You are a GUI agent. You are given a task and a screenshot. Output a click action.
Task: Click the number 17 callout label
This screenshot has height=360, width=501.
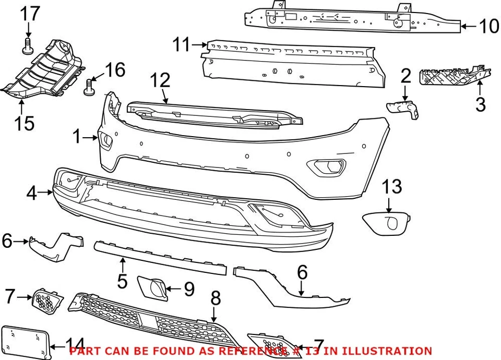pyautogui.click(x=30, y=14)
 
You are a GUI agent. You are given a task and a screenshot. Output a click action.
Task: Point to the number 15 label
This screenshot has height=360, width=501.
pyautogui.click(x=23, y=123)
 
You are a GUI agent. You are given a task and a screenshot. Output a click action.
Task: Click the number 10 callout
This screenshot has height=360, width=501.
pyautogui.click(x=488, y=26)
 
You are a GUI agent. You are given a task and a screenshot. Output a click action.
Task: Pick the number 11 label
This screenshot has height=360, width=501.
pyautogui.click(x=182, y=45)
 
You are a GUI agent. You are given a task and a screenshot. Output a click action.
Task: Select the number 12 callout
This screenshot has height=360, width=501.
pyautogui.click(x=160, y=81)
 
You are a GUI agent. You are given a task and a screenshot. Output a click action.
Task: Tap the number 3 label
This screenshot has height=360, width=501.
pyautogui.click(x=480, y=104)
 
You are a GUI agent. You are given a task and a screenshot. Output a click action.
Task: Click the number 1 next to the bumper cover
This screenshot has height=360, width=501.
pyautogui.click(x=77, y=137)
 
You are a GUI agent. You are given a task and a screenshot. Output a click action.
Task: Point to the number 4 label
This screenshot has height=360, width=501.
pyautogui.click(x=32, y=194)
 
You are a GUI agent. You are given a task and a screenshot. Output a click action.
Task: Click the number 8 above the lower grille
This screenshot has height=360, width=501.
pyautogui.click(x=215, y=298)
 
